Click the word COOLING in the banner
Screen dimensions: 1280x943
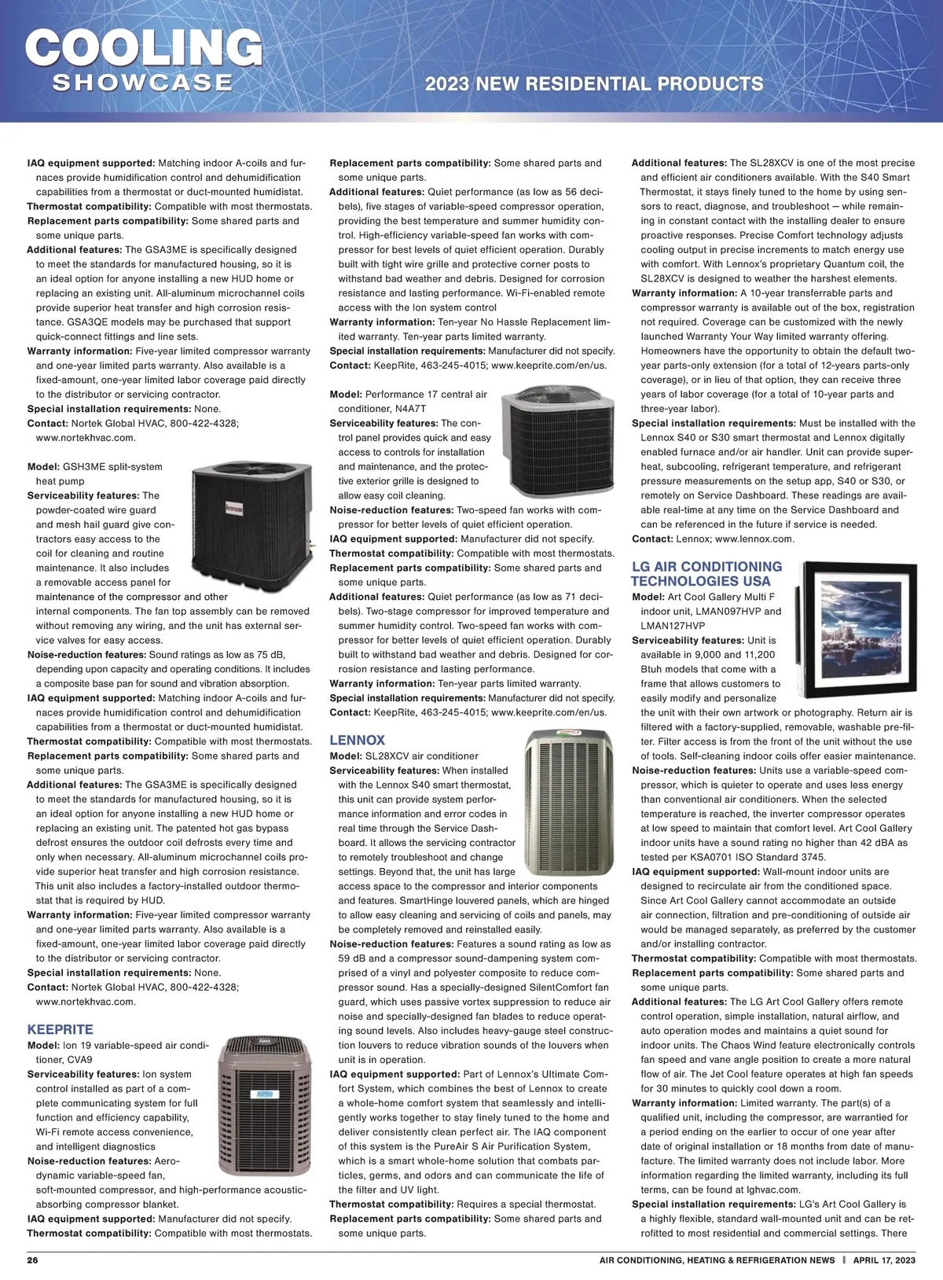click(x=144, y=49)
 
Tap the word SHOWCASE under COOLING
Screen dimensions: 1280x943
click(x=142, y=83)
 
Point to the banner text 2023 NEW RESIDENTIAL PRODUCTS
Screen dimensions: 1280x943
click(x=593, y=84)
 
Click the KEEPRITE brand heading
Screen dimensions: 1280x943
click(x=60, y=1029)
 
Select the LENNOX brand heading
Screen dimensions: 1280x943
click(x=357, y=740)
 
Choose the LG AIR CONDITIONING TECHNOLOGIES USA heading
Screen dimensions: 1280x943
click(x=706, y=573)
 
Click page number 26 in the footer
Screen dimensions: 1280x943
click(x=33, y=1260)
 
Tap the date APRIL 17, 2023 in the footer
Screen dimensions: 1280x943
click(x=884, y=1260)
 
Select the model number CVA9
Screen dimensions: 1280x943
click(x=79, y=1060)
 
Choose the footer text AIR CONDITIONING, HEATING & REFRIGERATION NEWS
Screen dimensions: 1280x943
click(x=717, y=1260)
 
